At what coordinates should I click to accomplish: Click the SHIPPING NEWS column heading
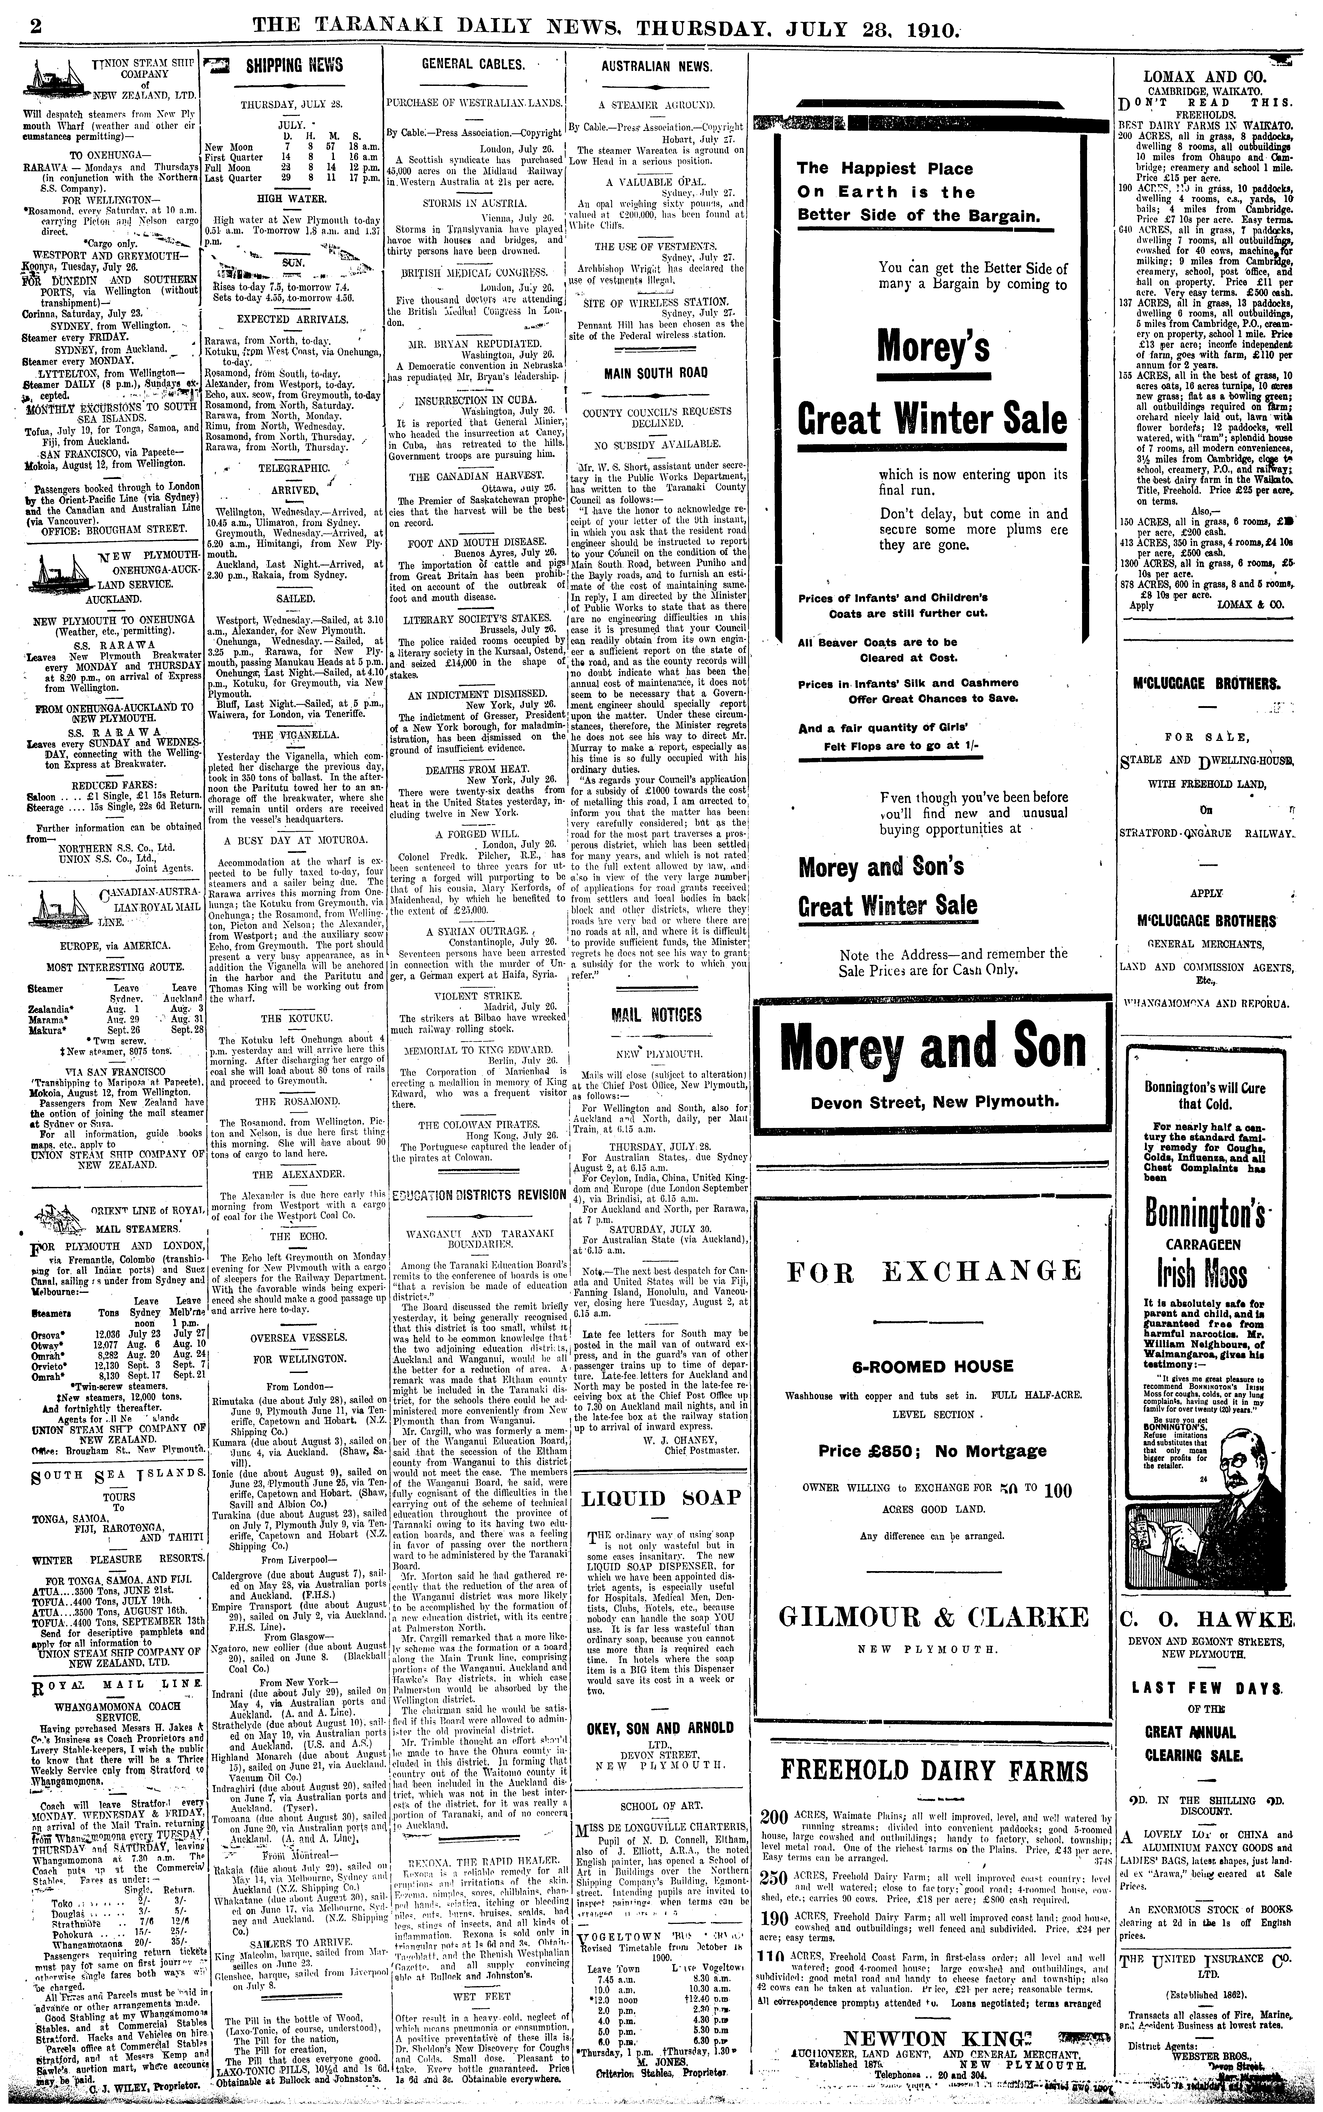[282, 65]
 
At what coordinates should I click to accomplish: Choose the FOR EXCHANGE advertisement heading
[934, 1271]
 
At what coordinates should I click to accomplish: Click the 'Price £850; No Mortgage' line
[932, 1451]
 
